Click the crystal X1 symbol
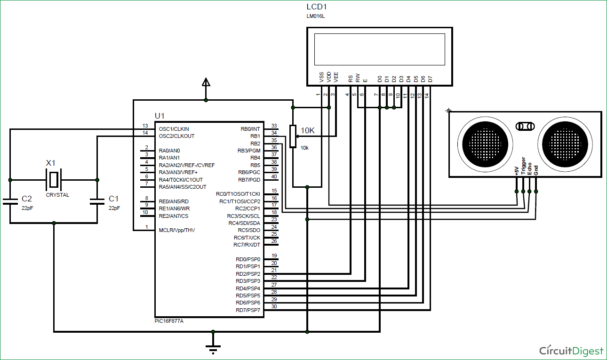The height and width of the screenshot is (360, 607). tap(54, 180)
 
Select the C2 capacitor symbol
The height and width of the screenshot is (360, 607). tap(10, 201)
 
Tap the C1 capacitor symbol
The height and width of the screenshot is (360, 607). tap(97, 201)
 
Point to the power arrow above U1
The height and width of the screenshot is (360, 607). tap(206, 83)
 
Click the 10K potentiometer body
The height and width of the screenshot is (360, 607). tap(293, 136)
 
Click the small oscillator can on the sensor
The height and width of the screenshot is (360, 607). tap(526, 126)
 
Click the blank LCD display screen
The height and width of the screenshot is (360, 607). tap(379, 49)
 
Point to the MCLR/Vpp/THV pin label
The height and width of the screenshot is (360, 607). tap(177, 230)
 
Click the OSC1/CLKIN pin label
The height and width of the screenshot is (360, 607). tap(174, 129)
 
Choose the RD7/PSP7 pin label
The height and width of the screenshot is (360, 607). tap(248, 310)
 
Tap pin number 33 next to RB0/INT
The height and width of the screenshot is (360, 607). tap(274, 126)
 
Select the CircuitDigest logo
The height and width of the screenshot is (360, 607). tap(571, 351)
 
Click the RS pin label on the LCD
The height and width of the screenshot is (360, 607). tap(351, 79)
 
